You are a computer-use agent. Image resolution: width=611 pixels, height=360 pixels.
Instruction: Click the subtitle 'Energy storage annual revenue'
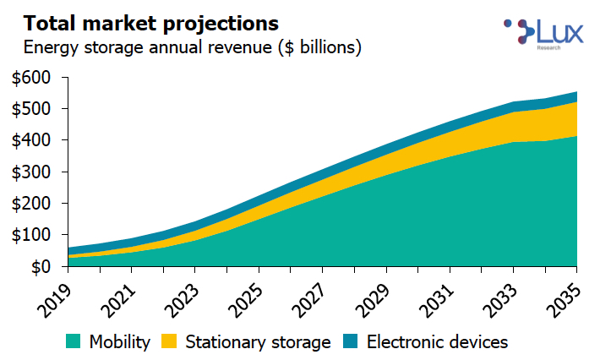click(x=193, y=47)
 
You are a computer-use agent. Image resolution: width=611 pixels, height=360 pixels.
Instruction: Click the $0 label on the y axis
click(x=40, y=267)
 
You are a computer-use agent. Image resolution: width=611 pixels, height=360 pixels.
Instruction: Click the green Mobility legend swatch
click(x=74, y=341)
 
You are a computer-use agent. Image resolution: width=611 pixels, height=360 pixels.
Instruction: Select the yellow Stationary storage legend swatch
click(x=170, y=341)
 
